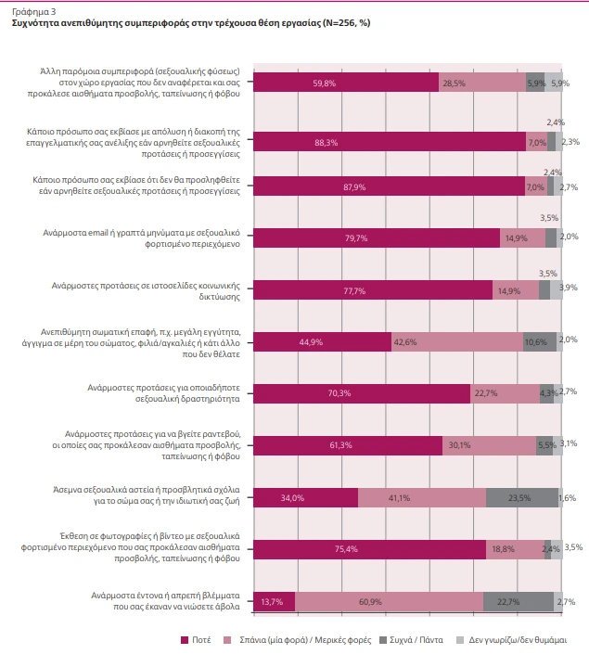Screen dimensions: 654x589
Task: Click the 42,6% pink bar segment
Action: click(x=456, y=341)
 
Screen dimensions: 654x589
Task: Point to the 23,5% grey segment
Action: click(x=521, y=497)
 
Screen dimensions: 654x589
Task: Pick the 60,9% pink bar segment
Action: click(x=389, y=601)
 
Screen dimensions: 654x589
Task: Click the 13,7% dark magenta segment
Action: click(x=274, y=601)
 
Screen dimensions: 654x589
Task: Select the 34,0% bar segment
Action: click(x=305, y=497)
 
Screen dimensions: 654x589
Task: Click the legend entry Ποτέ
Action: click(x=200, y=639)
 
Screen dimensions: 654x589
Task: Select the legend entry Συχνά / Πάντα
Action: click(x=395, y=639)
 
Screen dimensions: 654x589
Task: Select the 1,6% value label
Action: click(x=568, y=497)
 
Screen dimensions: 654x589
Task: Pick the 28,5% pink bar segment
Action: click(x=481, y=83)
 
